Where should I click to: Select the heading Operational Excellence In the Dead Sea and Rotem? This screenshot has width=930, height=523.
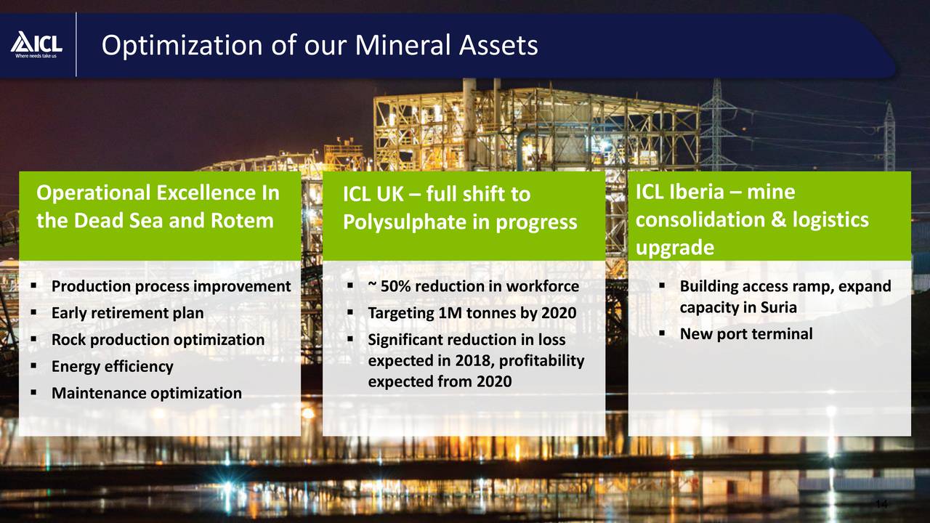click(158, 206)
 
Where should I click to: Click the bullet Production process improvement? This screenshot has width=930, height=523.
click(171, 286)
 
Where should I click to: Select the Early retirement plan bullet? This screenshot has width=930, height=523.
click(127, 313)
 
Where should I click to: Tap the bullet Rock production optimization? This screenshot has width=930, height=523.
click(158, 340)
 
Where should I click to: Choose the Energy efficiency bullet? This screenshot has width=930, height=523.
click(112, 367)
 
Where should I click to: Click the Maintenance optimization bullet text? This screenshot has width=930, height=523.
click(146, 394)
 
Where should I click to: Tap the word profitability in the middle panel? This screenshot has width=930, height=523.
click(541, 361)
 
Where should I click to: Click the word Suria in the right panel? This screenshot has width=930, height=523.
click(777, 307)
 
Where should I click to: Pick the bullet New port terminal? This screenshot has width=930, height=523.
click(745, 334)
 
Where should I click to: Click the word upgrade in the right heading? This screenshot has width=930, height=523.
click(674, 248)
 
